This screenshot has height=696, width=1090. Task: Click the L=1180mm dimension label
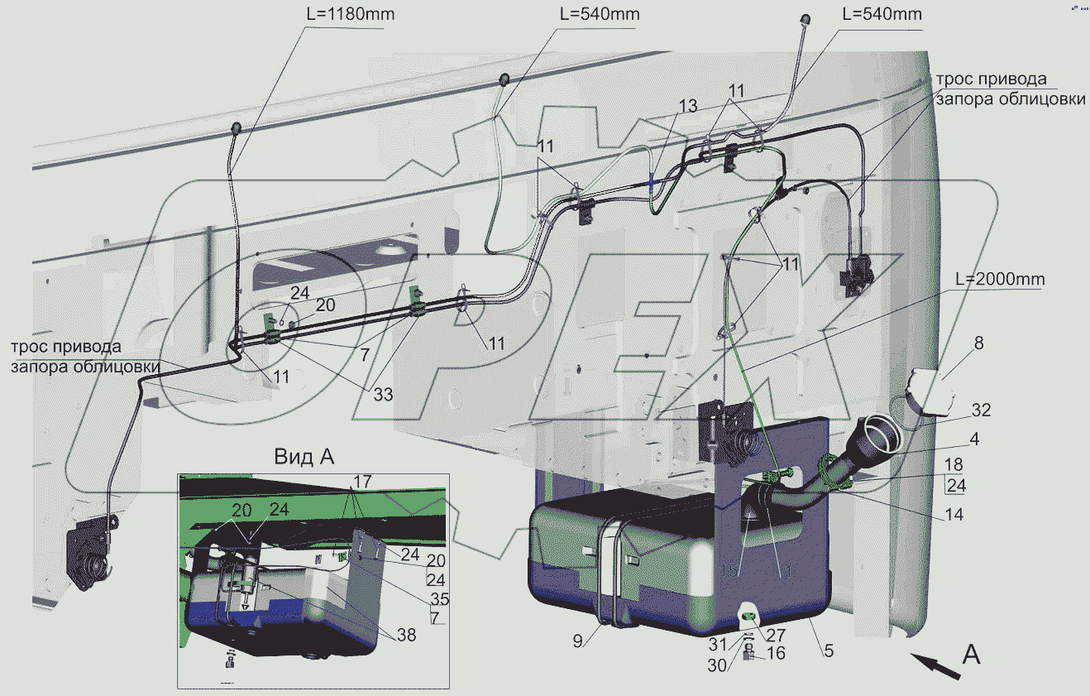coord(344,15)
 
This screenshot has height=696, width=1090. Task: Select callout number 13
coord(688,106)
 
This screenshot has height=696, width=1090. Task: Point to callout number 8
coord(978,343)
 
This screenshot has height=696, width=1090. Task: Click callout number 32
coord(981,410)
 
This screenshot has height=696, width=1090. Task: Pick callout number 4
coord(975,440)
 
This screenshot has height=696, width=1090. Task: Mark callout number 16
coord(775,654)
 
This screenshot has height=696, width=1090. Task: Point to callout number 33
coord(382,395)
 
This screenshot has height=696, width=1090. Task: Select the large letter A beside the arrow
coord(972,654)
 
